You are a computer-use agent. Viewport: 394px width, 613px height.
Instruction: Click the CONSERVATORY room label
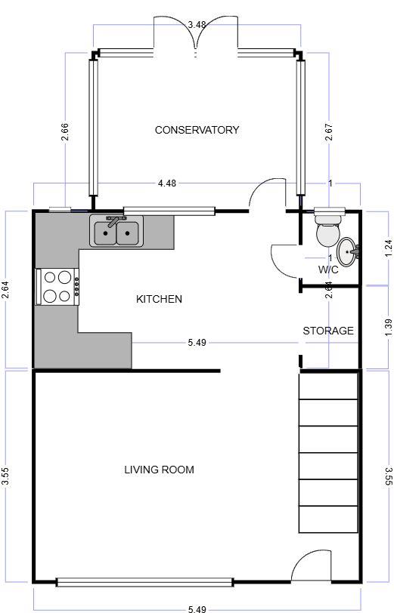pyautogui.click(x=197, y=130)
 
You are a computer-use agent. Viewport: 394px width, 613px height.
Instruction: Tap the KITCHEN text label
pyautogui.click(x=159, y=299)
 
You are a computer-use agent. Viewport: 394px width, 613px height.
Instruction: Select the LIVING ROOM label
pyautogui.click(x=159, y=470)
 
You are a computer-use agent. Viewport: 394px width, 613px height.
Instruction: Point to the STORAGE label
pyautogui.click(x=328, y=331)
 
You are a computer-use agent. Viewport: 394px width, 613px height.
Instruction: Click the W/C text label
pyautogui.click(x=328, y=270)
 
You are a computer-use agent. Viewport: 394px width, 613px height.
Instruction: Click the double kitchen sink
pyautogui.click(x=116, y=232)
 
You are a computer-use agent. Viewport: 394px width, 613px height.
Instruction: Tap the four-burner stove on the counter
pyautogui.click(x=57, y=286)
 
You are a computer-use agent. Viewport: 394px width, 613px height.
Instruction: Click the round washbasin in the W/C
pyautogui.click(x=346, y=251)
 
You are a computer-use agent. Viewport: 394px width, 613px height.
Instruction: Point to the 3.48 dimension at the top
pyautogui.click(x=197, y=25)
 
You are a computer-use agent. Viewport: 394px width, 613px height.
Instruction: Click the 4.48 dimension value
pyautogui.click(x=167, y=183)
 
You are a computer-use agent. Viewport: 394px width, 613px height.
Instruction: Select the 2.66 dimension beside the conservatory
pyautogui.click(x=66, y=132)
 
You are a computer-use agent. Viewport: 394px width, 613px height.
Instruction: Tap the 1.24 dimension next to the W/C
pyautogui.click(x=388, y=248)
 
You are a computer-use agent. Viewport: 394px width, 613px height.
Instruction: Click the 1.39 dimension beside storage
pyautogui.click(x=388, y=327)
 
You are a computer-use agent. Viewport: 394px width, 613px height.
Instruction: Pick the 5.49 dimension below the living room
pyautogui.click(x=197, y=608)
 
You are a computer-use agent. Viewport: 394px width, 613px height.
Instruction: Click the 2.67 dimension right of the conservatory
pyautogui.click(x=328, y=132)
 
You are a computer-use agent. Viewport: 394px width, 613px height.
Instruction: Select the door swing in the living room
pyautogui.click(x=309, y=565)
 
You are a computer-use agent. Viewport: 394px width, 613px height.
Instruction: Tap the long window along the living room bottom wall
pyautogui.click(x=144, y=581)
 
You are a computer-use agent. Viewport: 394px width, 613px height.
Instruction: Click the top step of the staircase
pyautogui.click(x=328, y=386)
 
